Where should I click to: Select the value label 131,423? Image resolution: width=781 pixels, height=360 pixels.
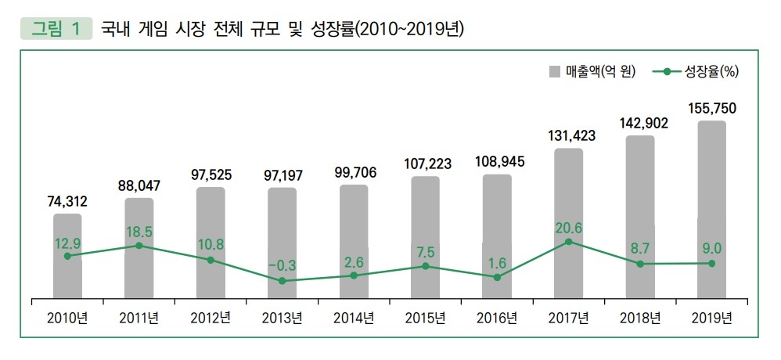point(569,135)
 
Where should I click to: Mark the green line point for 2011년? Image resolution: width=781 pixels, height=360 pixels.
point(139,245)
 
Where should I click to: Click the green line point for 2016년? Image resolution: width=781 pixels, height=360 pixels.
point(497,277)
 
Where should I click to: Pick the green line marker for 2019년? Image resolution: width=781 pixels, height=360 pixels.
point(711,263)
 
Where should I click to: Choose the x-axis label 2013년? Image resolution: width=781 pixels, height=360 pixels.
point(283,318)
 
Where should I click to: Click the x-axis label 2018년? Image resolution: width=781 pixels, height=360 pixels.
point(640,318)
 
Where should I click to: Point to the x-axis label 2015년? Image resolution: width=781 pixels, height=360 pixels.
point(426,318)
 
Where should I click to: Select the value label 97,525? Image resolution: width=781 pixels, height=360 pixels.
point(211,175)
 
